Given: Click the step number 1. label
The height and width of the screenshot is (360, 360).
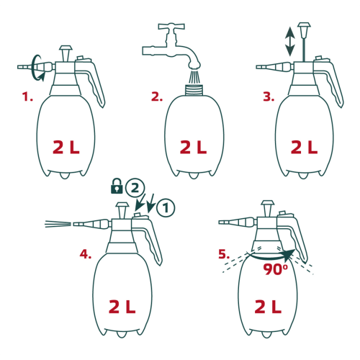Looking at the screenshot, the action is click(x=27, y=97).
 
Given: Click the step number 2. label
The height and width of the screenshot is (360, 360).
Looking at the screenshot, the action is click(x=157, y=97).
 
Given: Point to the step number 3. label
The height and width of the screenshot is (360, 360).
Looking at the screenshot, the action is click(x=269, y=97).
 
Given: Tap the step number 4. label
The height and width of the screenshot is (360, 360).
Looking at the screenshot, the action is click(x=86, y=254).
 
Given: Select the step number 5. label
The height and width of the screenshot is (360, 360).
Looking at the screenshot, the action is click(x=224, y=254).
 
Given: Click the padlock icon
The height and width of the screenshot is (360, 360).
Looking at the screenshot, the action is click(x=117, y=186).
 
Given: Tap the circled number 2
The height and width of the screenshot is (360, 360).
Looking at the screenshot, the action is click(x=135, y=189).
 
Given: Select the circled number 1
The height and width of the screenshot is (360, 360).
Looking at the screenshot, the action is click(x=166, y=208).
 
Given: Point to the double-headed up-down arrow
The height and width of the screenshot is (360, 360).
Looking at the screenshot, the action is click(x=290, y=41).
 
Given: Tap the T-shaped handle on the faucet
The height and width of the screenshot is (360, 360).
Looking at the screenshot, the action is click(x=171, y=27).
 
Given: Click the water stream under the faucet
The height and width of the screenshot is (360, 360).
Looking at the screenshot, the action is click(x=194, y=76).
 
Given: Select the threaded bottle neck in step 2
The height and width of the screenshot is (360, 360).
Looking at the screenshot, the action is click(x=194, y=90).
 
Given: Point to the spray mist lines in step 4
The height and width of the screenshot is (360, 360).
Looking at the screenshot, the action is click(x=58, y=224).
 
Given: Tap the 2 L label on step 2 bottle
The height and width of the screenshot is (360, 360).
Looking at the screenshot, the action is click(x=193, y=147).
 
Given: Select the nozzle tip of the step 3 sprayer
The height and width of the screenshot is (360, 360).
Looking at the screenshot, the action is click(x=261, y=67).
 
